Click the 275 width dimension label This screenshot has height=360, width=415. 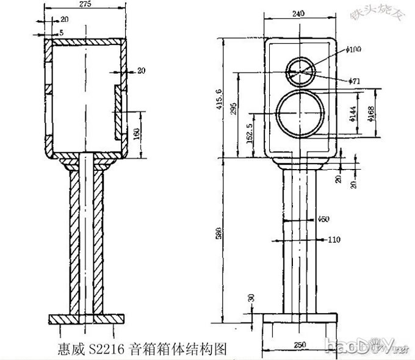tap(85, 4)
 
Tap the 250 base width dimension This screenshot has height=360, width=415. tap(299, 345)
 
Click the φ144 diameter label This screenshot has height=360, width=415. tap(352, 113)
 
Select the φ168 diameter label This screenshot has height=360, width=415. tap(370, 113)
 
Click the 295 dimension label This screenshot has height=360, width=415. tap(233, 109)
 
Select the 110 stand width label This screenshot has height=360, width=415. tap(333, 240)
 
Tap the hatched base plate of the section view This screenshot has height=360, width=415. tap(86, 319)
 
